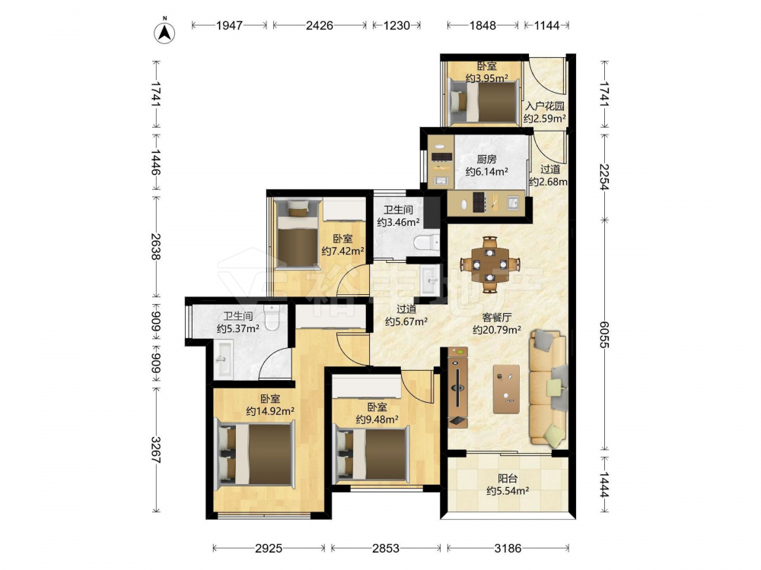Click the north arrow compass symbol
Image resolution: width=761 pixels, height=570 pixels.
tap(164, 33)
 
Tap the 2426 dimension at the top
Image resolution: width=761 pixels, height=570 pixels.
tap(320, 25)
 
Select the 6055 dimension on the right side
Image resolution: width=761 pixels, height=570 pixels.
tap(604, 334)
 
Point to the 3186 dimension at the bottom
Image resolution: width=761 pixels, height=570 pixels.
tap(508, 548)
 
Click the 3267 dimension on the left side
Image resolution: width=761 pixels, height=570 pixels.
tap(155, 450)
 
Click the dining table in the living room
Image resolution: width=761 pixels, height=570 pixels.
tap(490, 264)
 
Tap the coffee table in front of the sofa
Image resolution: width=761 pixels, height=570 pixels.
tap(506, 389)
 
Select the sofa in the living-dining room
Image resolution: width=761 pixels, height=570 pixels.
tap(549, 387)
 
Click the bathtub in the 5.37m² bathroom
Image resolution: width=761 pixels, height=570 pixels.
tap(224, 359)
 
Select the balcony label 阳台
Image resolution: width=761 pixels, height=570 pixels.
tap(507, 478)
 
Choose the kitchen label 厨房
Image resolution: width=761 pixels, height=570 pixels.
tap(486, 159)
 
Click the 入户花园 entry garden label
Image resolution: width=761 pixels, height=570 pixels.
tap(545, 106)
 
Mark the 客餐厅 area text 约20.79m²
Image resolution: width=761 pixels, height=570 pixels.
tap(497, 330)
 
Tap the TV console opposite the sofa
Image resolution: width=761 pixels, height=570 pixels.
tap(457, 388)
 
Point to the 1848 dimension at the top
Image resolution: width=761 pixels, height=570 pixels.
tap(482, 25)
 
